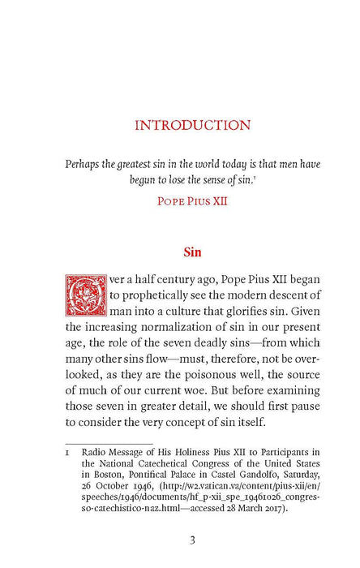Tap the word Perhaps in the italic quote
tap(84, 163)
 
